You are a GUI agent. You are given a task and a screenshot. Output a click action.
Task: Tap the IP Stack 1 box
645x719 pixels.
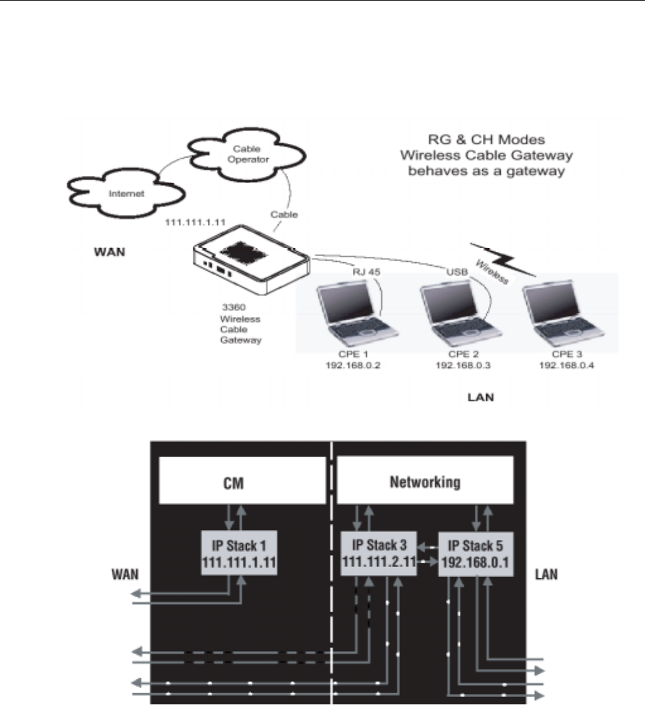[x=239, y=551]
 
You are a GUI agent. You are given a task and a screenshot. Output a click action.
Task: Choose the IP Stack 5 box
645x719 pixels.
[x=474, y=551]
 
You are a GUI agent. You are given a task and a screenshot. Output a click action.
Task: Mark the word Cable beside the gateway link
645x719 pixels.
[x=285, y=214]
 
